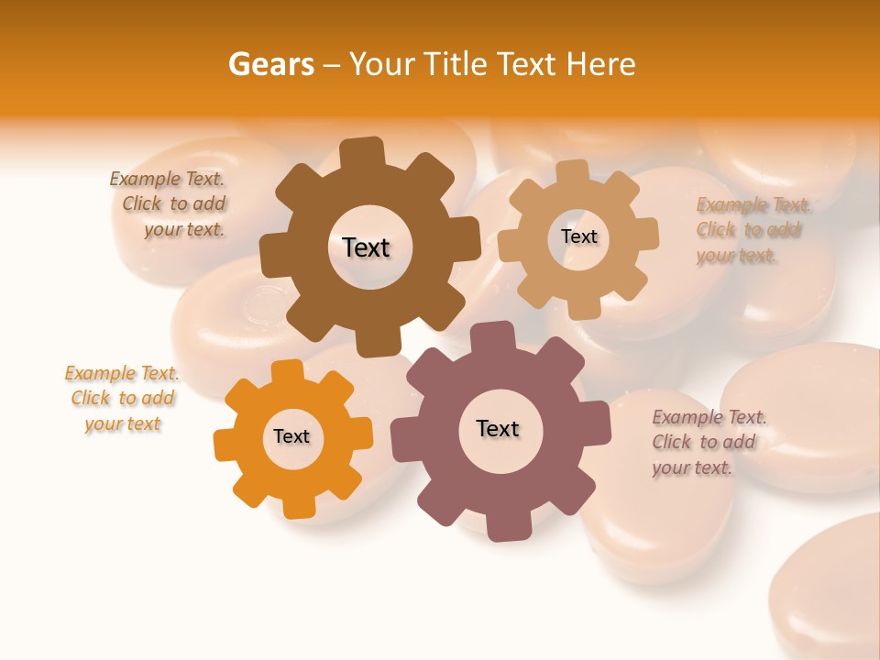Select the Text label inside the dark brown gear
pos(366,247)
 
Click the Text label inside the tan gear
pos(578,236)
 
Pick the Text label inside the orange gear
pos(291,436)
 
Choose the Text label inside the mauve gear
pos(498,428)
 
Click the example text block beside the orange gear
pos(122,398)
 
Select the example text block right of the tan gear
pos(752,229)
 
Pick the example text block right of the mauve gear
pos(708,442)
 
